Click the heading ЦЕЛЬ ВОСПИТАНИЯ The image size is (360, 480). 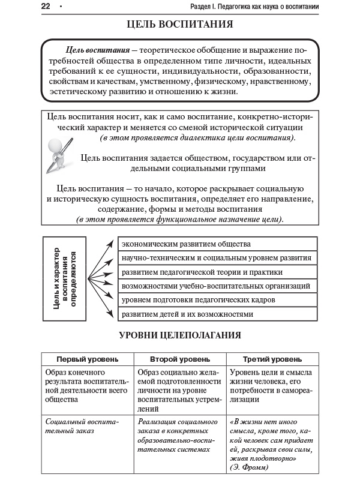[180, 25]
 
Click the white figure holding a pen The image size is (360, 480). [59, 152]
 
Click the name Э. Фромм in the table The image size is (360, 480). [247, 466]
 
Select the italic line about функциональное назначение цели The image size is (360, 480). [179, 220]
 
